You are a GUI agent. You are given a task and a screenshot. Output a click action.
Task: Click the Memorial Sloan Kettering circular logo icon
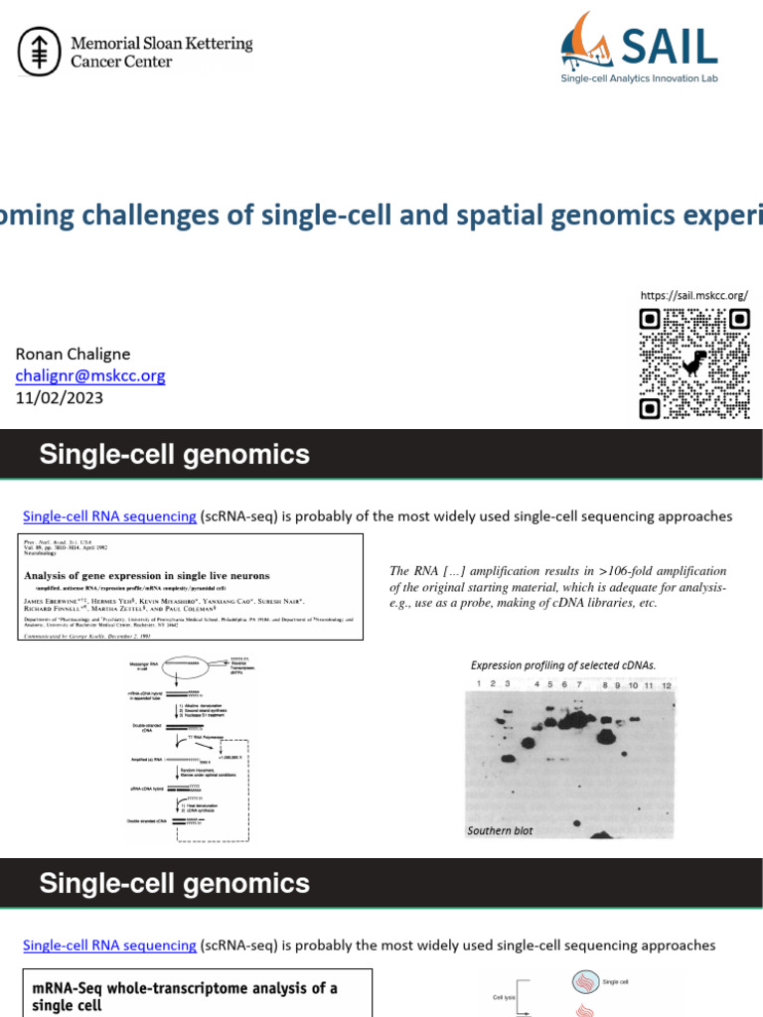pos(41,51)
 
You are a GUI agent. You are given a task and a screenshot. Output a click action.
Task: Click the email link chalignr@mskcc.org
pos(90,375)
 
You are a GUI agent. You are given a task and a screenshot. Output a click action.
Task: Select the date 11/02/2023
pos(59,397)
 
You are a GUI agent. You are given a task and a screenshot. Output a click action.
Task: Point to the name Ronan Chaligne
pos(73,354)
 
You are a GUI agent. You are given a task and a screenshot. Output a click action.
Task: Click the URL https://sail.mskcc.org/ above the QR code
pos(693,295)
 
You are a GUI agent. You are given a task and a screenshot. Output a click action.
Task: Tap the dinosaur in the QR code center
pos(694,363)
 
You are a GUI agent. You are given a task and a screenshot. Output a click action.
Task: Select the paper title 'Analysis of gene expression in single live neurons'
pos(146,576)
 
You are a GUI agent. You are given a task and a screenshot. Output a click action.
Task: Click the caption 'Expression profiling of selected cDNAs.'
pos(562,664)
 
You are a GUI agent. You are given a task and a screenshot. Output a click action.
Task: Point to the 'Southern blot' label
pos(500,830)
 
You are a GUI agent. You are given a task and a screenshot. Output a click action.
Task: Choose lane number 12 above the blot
pos(667,685)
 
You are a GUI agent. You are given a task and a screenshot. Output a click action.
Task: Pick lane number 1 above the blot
pos(478,685)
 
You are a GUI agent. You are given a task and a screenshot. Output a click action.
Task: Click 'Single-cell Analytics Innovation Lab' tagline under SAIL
pos(639,78)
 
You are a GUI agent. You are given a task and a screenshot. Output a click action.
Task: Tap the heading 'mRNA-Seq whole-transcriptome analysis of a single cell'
pos(185,996)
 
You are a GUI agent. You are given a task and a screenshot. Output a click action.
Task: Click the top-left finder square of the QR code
pos(650,319)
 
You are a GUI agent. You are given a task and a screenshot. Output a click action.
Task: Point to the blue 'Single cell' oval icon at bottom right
pos(585,982)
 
